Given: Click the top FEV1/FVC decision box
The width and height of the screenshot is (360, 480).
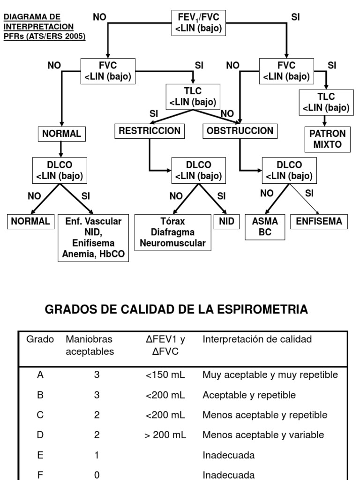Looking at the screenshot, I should (198, 23).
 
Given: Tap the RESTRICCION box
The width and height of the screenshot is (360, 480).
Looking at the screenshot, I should (150, 131).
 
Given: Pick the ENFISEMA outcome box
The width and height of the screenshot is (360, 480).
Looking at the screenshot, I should (319, 222).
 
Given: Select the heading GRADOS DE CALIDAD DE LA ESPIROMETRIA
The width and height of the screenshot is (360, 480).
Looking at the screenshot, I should (176, 309).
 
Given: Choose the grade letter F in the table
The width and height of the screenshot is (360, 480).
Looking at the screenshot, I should (40, 475).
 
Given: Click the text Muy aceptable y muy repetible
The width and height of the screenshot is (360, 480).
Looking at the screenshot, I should (270, 375).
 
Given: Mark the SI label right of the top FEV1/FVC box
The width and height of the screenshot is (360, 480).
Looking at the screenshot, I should (295, 17).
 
